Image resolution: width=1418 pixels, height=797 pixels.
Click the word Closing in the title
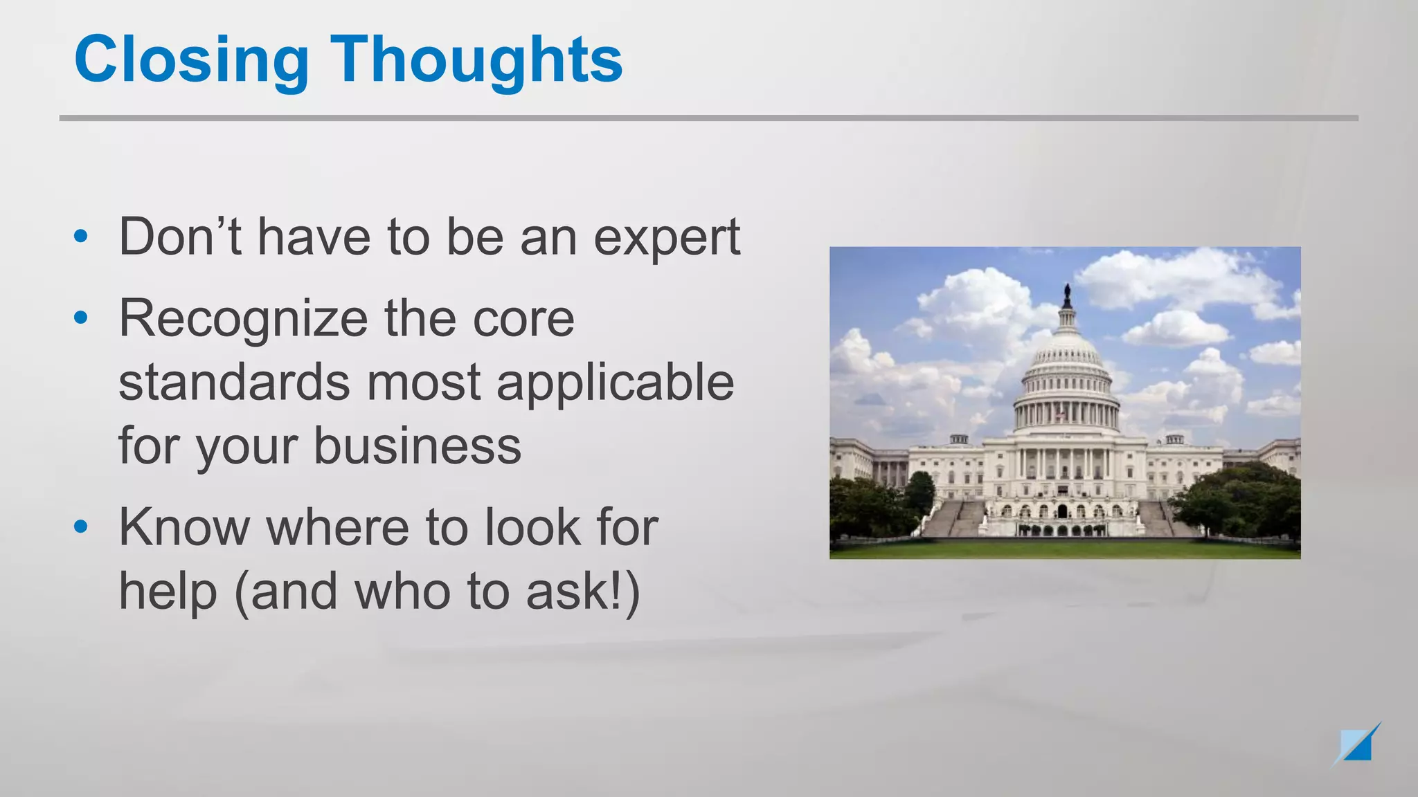click(x=191, y=61)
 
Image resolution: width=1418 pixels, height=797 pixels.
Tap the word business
click(x=418, y=446)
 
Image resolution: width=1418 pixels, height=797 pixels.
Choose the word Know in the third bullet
click(x=184, y=528)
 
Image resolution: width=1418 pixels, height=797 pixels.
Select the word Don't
click(x=180, y=237)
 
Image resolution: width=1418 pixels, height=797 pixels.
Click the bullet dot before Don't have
click(x=81, y=237)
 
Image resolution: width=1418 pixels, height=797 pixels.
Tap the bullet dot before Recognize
click(x=81, y=318)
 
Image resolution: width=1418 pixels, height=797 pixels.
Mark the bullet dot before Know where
click(x=81, y=527)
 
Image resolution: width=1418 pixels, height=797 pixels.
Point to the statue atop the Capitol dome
click(x=1067, y=296)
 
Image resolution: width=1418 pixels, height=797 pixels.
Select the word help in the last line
click(x=168, y=593)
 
